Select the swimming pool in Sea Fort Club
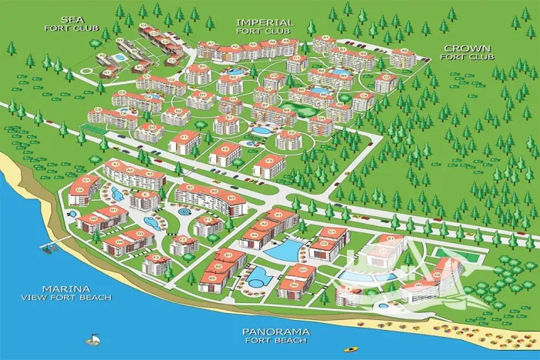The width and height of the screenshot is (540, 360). click(x=119, y=58)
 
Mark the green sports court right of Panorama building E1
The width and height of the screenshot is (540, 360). click(x=447, y=253)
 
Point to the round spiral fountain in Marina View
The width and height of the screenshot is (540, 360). click(x=185, y=209)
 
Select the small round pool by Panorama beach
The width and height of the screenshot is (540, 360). click(x=353, y=293)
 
